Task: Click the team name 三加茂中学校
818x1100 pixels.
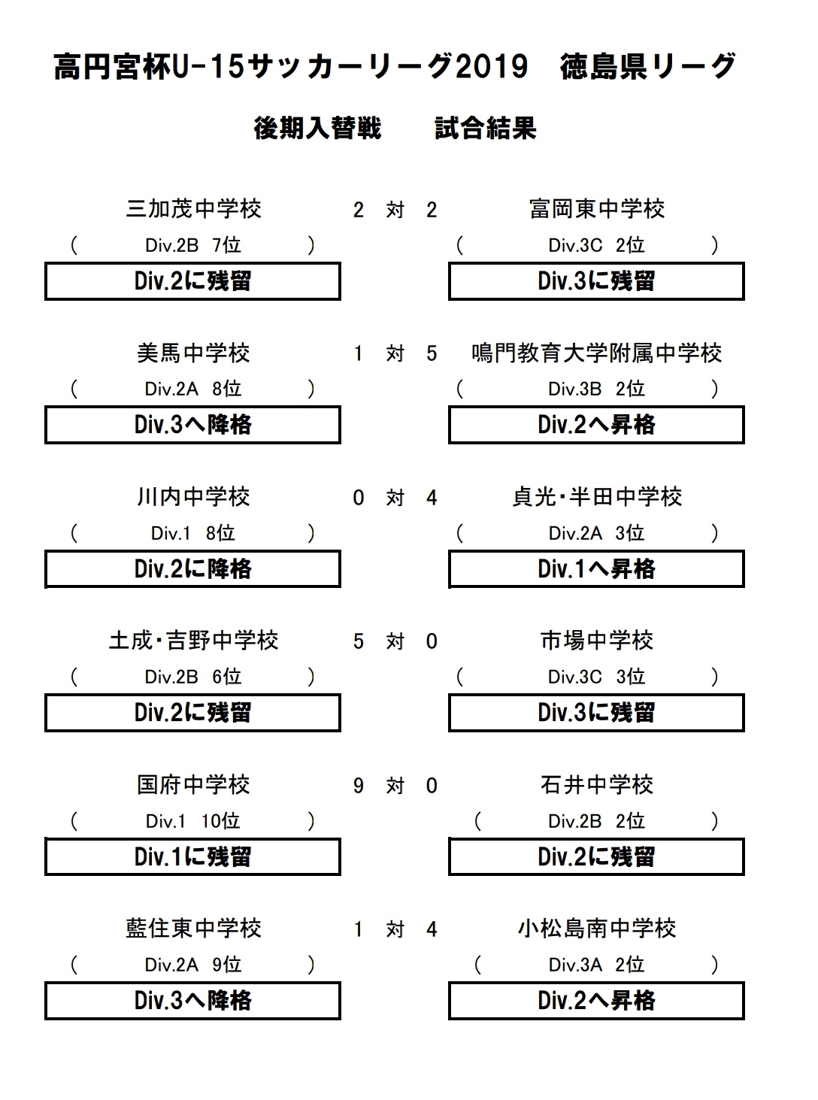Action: tap(193, 209)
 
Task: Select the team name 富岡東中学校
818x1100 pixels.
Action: tap(597, 209)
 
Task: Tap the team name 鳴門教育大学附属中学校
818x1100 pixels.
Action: tap(597, 353)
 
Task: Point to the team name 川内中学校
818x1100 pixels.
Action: tap(193, 497)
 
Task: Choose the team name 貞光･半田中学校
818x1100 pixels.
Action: tap(597, 497)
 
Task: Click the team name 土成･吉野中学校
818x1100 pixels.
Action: tap(193, 641)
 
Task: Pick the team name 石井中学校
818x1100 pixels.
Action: tap(597, 784)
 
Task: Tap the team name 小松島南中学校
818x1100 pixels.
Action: tap(597, 929)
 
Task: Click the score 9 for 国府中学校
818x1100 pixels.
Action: tap(358, 786)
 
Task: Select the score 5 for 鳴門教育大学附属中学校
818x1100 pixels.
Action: tap(432, 354)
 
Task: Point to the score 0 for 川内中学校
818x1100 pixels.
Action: tap(358, 498)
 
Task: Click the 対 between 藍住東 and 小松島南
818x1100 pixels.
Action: tap(395, 929)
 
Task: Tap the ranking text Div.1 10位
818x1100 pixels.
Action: tap(193, 821)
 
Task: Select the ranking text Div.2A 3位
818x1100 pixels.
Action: tap(596, 534)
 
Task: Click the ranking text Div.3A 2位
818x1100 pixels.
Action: tap(596, 965)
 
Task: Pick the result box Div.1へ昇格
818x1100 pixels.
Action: tap(596, 569)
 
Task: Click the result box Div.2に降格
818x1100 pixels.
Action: tap(192, 569)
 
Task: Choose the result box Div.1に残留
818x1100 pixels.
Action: tap(192, 856)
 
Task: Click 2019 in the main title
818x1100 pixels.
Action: tap(492, 66)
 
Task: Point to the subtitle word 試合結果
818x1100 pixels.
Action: tap(486, 129)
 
